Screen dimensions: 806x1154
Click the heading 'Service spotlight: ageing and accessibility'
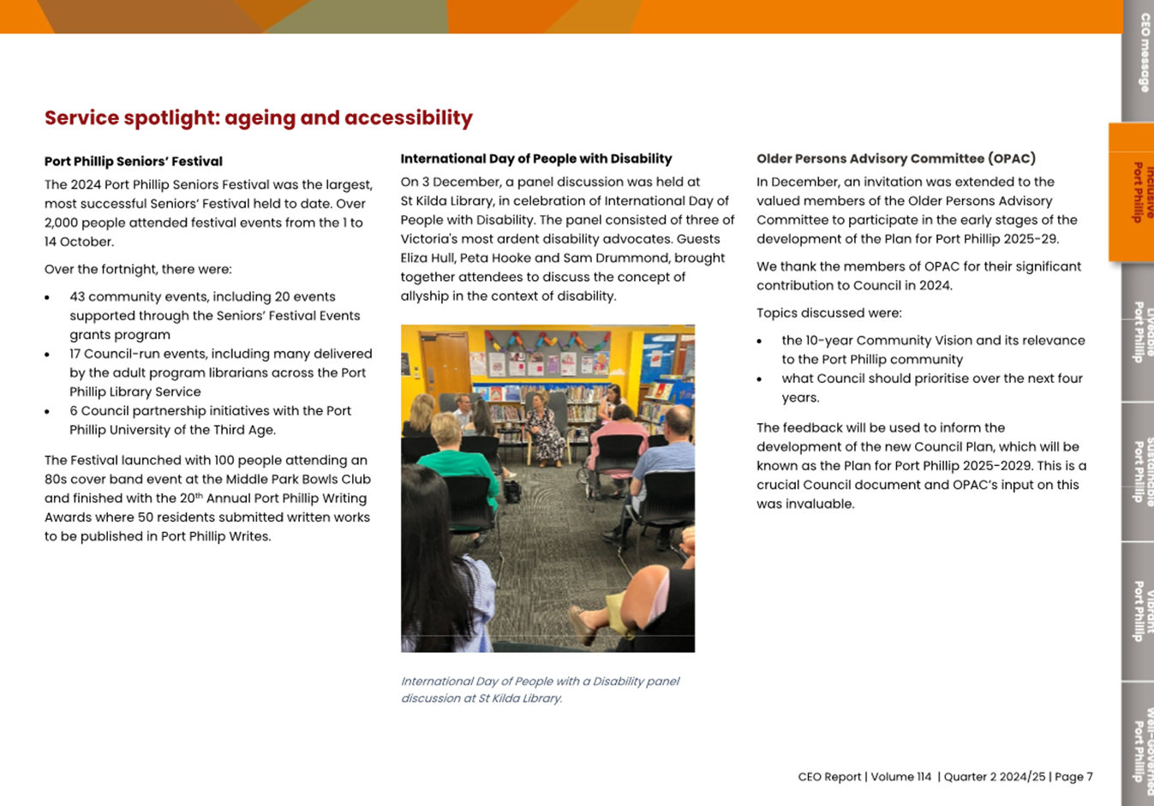(x=258, y=118)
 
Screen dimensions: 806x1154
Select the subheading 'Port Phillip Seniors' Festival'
(x=133, y=161)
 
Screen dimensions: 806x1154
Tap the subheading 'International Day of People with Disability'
(x=535, y=158)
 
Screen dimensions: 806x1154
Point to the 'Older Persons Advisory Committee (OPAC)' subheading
(x=895, y=158)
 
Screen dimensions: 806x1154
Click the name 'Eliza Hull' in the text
(x=427, y=258)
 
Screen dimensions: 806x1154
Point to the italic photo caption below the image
(x=540, y=690)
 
